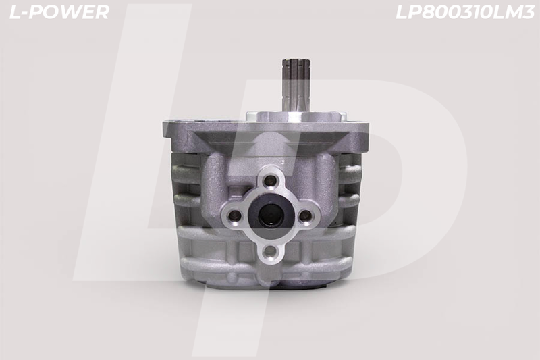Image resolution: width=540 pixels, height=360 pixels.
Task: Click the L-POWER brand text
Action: point(59,12)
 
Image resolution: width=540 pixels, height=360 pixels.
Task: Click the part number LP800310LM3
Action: point(465,12)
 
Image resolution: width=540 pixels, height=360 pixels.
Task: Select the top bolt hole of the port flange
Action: point(271,180)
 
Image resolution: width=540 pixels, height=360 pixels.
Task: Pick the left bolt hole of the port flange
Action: point(236,216)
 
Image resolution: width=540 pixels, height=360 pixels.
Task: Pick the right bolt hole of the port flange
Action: point(305,216)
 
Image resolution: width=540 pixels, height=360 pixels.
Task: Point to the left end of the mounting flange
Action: point(164,128)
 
